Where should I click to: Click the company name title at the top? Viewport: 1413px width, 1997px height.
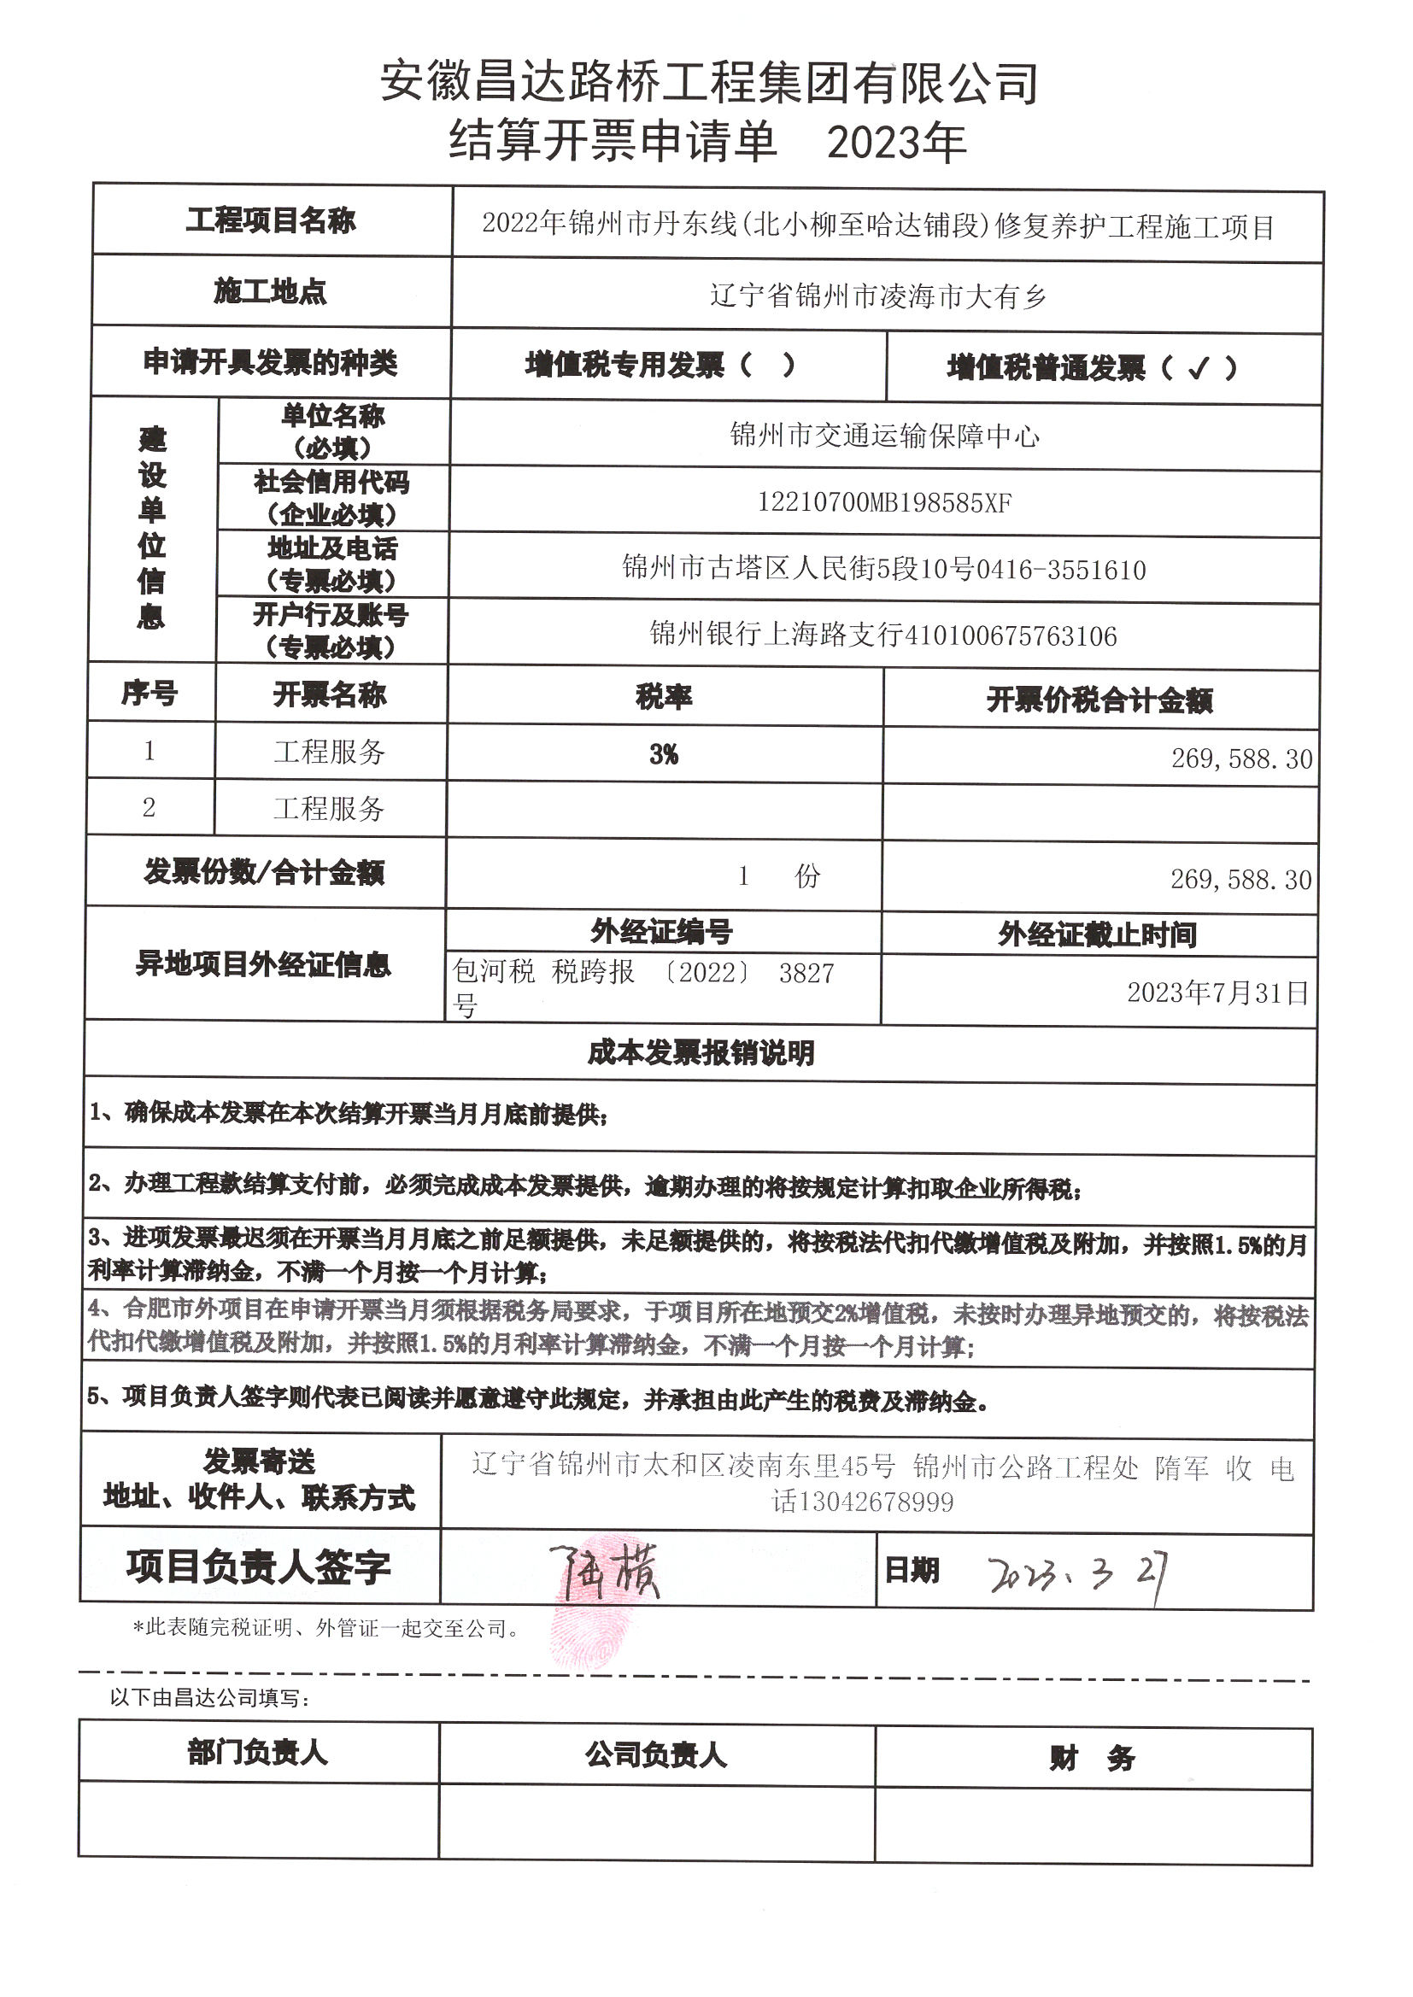coord(708,84)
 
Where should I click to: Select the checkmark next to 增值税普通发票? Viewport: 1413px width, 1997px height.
coord(1197,369)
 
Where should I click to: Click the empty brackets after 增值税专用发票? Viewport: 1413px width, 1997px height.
coord(766,366)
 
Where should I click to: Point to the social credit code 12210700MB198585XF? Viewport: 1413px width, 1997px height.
coord(884,503)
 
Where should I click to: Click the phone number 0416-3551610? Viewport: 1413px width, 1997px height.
coord(1061,570)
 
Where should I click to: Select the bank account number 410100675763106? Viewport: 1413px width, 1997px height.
coord(1010,635)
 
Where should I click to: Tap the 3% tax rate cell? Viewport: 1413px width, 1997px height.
coord(664,754)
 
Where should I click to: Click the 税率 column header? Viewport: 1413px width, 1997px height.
coord(664,697)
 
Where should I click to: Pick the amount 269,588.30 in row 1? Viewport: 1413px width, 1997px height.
coord(1240,759)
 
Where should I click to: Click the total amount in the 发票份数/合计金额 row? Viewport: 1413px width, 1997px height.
coord(1240,879)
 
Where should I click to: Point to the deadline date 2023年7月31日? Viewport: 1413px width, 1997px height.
coord(1217,993)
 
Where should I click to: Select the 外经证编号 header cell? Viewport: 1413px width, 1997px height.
coord(661,932)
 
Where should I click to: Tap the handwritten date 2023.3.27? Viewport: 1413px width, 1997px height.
coord(1076,1572)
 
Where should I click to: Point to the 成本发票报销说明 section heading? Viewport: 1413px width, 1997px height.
coord(701,1053)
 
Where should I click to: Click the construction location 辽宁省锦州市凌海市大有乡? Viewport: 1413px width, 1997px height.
coord(878,296)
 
